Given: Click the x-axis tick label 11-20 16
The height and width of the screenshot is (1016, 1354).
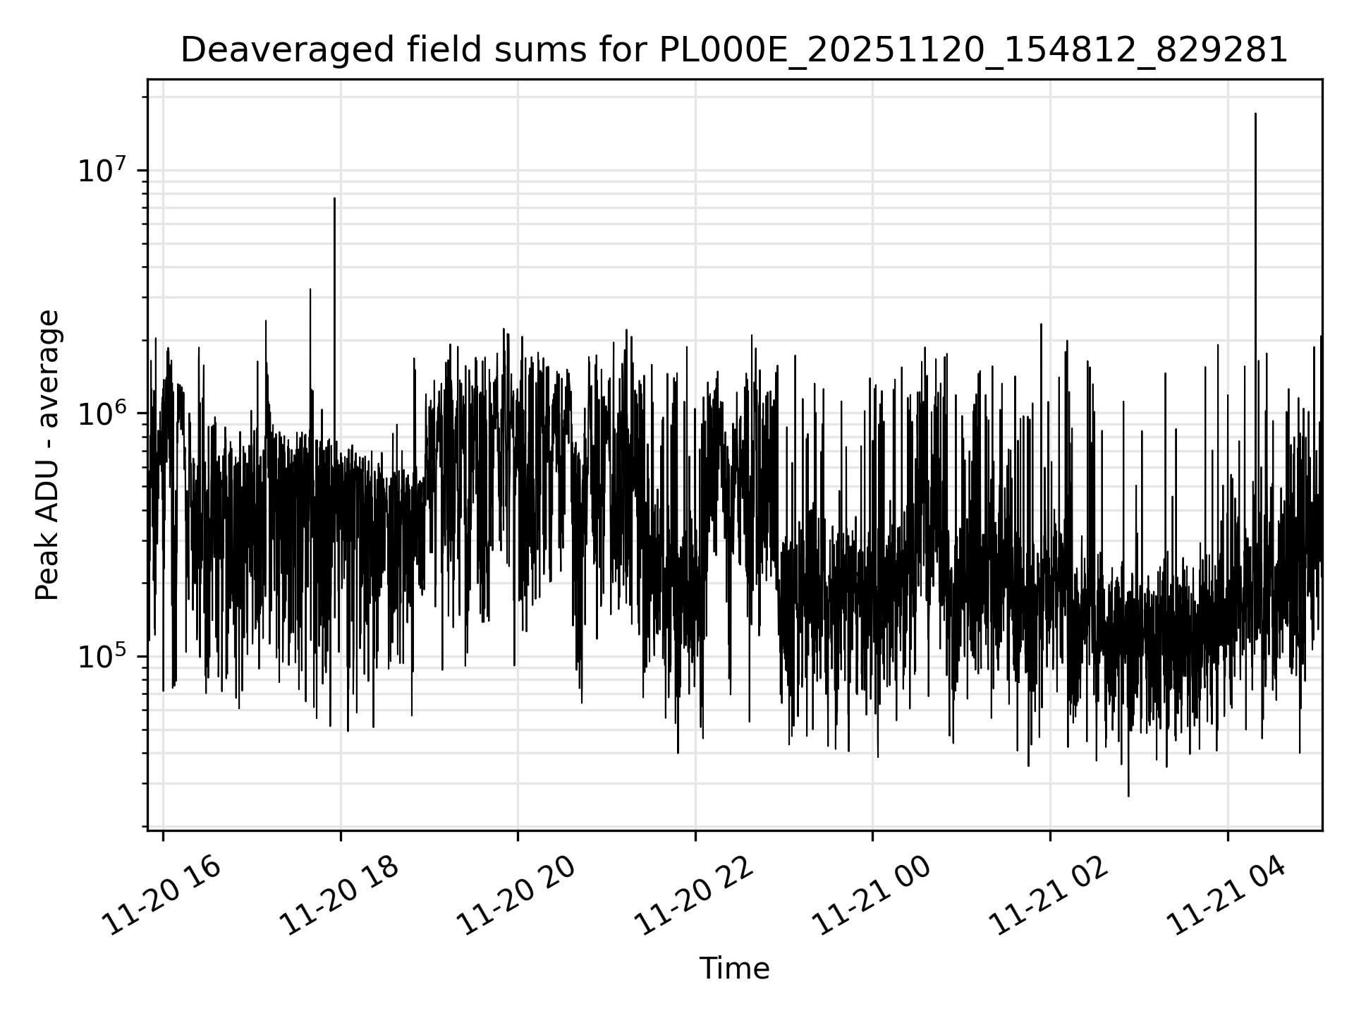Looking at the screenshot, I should [161, 895].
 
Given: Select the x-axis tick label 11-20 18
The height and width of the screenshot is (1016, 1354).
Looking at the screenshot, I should [339, 895].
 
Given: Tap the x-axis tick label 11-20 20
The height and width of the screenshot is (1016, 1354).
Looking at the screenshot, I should [517, 895].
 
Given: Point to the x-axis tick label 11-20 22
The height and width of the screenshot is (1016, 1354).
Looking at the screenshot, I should [695, 895].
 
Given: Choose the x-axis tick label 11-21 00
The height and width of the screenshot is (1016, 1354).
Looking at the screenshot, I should [872, 895].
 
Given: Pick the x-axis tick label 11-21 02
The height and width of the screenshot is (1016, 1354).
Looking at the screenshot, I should [1049, 895].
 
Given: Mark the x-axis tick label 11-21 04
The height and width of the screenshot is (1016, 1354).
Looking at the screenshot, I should [1227, 895].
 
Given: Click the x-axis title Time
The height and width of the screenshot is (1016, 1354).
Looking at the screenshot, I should [734, 969].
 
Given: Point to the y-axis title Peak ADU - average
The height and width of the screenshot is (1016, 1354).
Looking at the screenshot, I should [48, 455].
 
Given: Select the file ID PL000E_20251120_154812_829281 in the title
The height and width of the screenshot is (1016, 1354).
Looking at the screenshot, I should [972, 51].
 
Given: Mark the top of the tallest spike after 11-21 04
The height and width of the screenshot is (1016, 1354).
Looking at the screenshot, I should [1255, 114].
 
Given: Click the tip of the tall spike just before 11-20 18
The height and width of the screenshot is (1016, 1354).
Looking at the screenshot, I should [334, 199].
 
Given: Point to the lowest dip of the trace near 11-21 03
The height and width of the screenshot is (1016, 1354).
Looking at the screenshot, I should [1128, 796].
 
